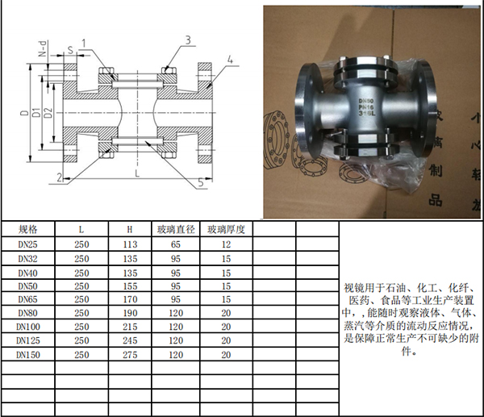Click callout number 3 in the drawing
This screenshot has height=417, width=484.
point(188,40)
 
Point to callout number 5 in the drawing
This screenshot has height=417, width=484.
point(201,182)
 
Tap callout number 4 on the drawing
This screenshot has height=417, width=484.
point(230,60)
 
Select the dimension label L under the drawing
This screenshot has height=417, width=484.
point(137,173)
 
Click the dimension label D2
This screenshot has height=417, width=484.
point(48,112)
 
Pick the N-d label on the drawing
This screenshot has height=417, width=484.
point(43,48)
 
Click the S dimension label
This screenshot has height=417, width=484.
point(71,50)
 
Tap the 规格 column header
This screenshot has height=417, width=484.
point(28,229)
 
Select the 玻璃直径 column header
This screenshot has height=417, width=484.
point(176,229)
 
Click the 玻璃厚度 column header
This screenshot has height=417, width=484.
point(226,229)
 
